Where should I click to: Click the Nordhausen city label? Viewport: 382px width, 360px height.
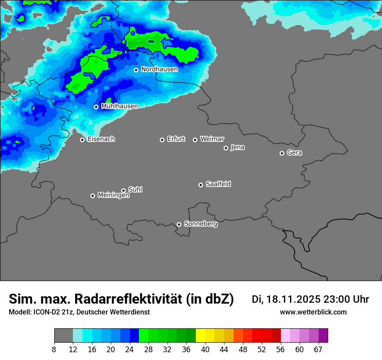tap(159, 69)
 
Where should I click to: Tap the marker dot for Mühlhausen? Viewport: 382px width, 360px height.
tap(96, 107)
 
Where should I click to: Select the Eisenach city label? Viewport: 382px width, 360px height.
tap(101, 139)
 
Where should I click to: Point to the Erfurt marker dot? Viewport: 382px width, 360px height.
tap(162, 140)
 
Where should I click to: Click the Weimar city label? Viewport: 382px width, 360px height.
tap(212, 139)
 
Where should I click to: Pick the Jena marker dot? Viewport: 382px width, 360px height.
tap(226, 148)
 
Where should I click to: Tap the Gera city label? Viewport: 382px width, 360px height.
tap(294, 153)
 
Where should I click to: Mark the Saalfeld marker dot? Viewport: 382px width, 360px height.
tap(201, 185)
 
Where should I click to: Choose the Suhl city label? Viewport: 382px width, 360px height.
tap(135, 190)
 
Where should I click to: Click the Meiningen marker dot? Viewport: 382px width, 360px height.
tap(92, 196)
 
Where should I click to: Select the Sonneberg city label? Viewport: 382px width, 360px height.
tap(201, 224)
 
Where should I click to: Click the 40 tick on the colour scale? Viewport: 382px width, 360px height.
tap(205, 349)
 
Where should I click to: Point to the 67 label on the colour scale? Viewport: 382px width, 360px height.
tap(318, 349)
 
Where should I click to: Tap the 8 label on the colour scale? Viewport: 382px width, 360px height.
tap(54, 349)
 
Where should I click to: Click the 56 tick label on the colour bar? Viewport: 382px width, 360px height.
tap(281, 349)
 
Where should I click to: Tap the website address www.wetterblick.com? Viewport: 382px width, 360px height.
tap(313, 312)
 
